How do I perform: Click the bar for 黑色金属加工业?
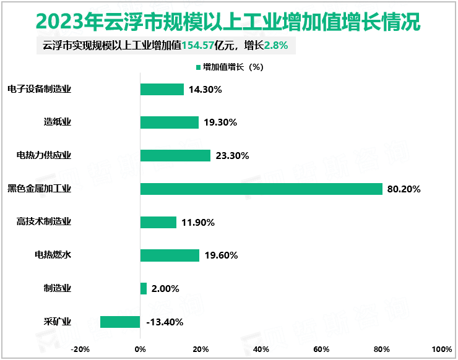click(x=261, y=189)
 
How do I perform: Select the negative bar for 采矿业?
click(x=120, y=322)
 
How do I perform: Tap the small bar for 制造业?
click(x=144, y=288)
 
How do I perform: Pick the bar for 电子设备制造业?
click(x=162, y=89)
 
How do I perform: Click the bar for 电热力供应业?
click(x=176, y=155)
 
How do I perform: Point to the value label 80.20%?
click(x=404, y=189)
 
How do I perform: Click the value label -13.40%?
click(x=165, y=322)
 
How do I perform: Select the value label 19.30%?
click(x=220, y=122)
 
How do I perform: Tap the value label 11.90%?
click(x=197, y=222)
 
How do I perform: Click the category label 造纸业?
click(x=58, y=122)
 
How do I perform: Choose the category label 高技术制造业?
click(x=44, y=221)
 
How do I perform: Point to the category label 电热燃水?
click(x=53, y=255)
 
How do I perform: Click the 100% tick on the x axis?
click(x=442, y=349)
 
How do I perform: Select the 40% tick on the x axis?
click(x=261, y=349)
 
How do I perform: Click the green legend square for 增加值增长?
click(x=198, y=67)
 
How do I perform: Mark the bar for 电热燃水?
click(x=170, y=255)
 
